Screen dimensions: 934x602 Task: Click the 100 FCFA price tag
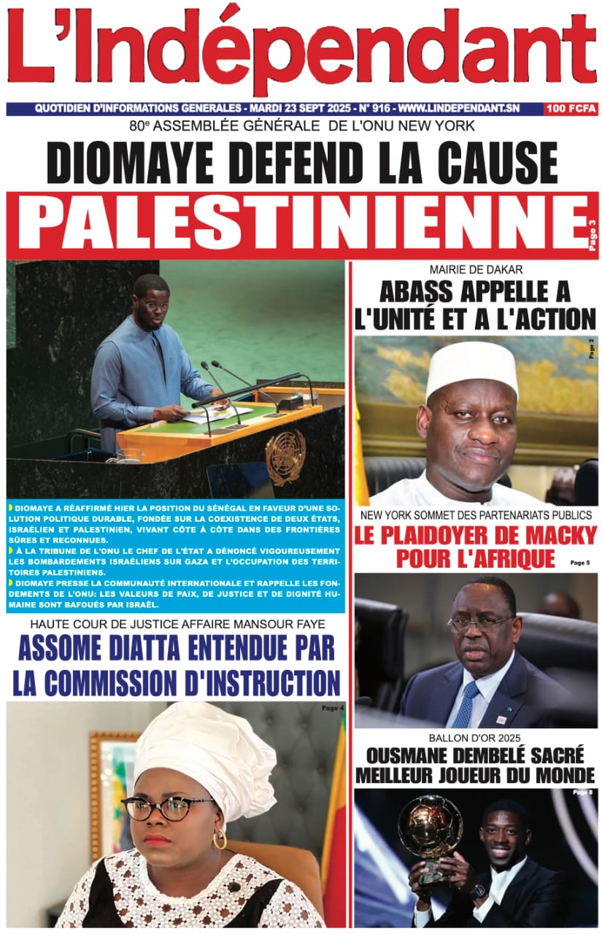click(571, 109)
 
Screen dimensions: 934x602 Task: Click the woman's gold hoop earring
click(220, 839)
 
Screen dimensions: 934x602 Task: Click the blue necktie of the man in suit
click(464, 703)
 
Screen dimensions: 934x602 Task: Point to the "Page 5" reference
click(579, 563)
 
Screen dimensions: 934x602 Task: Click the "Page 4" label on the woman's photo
click(332, 708)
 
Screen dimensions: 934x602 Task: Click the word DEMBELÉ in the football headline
click(481, 754)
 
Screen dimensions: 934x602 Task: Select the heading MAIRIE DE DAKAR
click(476, 269)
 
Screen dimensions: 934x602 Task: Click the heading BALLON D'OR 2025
click(476, 737)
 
